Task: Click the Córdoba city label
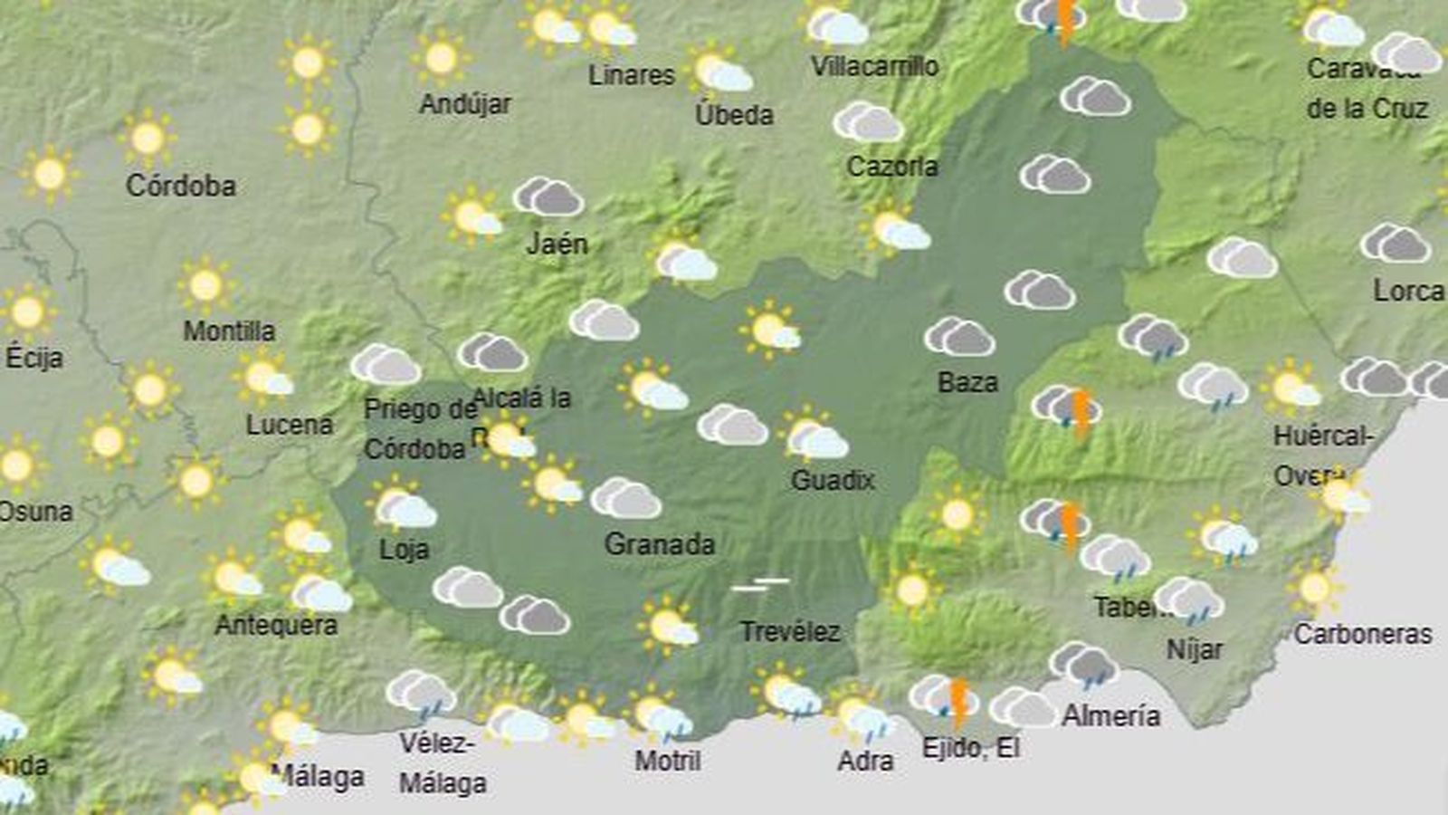pyautogui.click(x=181, y=186)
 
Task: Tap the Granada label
pyautogui.click(x=659, y=544)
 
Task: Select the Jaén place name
pyautogui.click(x=557, y=244)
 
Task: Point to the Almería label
pyautogui.click(x=1110, y=716)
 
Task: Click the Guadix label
pyautogui.click(x=833, y=480)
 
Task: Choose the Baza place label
pyautogui.click(x=967, y=382)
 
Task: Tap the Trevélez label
pyautogui.click(x=790, y=631)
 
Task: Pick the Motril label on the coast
pyautogui.click(x=668, y=761)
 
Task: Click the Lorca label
pyautogui.click(x=1408, y=291)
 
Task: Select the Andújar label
pyautogui.click(x=465, y=104)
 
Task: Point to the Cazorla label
pyautogui.click(x=892, y=167)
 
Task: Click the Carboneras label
pyautogui.click(x=1363, y=634)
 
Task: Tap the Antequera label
pyautogui.click(x=276, y=625)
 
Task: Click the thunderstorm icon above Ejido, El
pyautogui.click(x=946, y=699)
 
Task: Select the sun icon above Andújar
pyautogui.click(x=441, y=60)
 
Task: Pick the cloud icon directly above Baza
pyautogui.click(x=959, y=337)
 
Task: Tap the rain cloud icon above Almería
pyautogui.click(x=1084, y=666)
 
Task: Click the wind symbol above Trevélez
pyautogui.click(x=760, y=585)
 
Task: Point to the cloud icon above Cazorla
pyautogui.click(x=868, y=122)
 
